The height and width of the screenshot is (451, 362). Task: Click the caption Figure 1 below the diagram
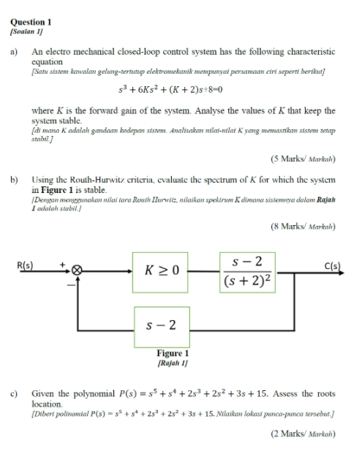coord(173,353)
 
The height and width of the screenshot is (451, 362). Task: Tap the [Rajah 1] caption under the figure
coord(173,362)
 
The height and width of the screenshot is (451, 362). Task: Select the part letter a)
coord(13,52)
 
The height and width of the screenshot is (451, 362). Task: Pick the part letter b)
coord(13,178)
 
